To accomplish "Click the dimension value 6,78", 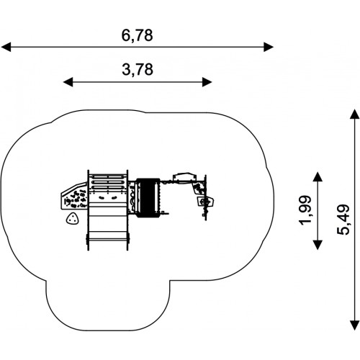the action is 137,35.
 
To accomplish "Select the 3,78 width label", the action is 138,70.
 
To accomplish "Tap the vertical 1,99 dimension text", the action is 305,211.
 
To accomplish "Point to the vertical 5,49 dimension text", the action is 343,220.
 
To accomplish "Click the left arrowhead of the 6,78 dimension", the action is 6,47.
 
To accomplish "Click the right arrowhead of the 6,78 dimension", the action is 269,47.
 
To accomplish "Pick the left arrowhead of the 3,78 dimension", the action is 68,82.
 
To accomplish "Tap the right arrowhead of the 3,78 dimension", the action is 207,82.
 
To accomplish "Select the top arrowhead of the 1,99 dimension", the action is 318,176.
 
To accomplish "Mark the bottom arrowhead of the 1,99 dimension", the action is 318,245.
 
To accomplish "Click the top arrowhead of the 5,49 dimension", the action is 354,114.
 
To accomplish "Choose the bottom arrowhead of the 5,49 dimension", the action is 354,325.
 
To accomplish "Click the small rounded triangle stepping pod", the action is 72,219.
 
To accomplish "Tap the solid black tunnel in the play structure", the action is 148,198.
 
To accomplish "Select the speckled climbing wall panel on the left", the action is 74,197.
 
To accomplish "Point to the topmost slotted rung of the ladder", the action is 108,177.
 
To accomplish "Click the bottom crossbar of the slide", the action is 108,239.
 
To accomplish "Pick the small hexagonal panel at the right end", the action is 206,202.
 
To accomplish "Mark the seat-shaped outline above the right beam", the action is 184,177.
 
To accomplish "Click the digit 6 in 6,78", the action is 125,35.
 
